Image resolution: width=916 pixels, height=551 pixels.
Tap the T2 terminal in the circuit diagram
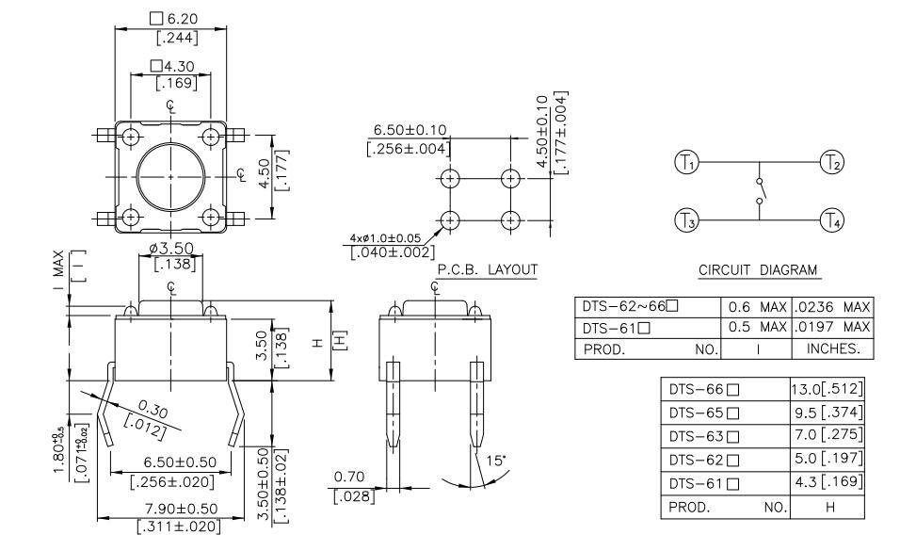(x=832, y=162)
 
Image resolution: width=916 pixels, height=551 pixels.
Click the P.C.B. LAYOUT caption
(x=488, y=270)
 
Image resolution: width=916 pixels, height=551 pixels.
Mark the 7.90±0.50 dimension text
(x=169, y=509)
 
